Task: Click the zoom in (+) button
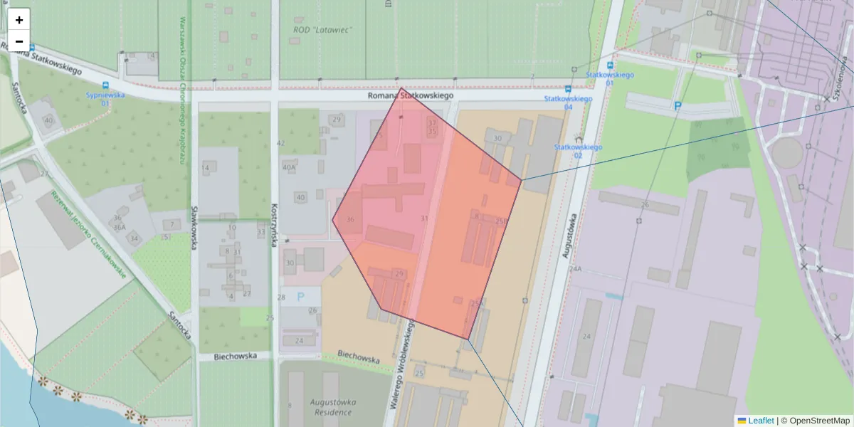click(19, 20)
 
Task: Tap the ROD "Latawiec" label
click(323, 30)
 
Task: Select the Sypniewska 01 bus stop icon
click(105, 84)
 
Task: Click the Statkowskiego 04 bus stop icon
click(567, 89)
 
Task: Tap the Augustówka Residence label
click(332, 407)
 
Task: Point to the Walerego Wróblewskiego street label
click(402, 363)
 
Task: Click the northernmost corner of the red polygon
click(401, 88)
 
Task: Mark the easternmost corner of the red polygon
click(522, 180)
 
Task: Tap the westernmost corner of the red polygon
click(332, 219)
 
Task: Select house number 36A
click(118, 227)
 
